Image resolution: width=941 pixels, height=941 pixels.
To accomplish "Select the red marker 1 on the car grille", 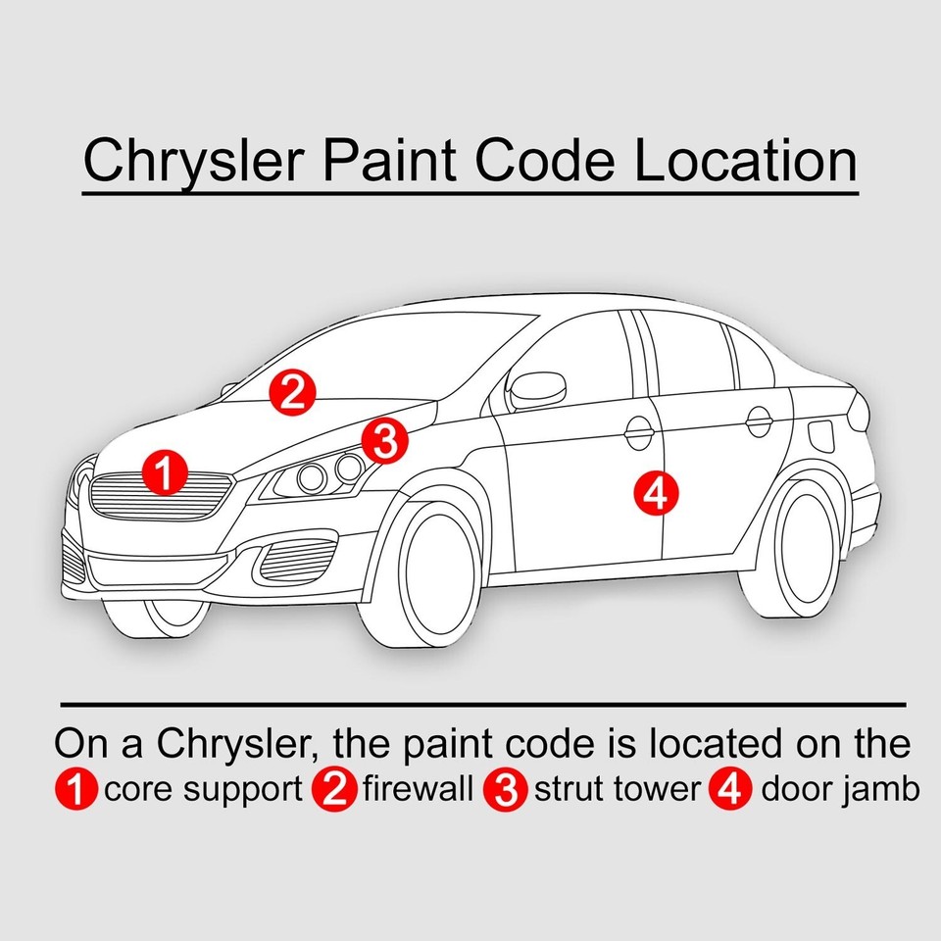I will (x=164, y=473).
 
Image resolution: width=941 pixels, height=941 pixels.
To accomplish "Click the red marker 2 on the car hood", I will (x=292, y=392).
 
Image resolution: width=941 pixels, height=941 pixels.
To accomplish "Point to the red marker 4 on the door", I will (x=655, y=493).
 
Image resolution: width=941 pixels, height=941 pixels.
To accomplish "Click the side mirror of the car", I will (x=537, y=390).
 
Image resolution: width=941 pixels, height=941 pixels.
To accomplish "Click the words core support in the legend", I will (x=203, y=790).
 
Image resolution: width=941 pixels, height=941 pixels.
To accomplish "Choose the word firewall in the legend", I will (x=419, y=790).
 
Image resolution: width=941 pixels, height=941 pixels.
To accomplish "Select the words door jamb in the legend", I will (x=840, y=790).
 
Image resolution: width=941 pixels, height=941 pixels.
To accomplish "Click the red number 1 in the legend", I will (x=77, y=791).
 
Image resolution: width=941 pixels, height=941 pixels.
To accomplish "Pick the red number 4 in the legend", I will (x=727, y=791).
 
